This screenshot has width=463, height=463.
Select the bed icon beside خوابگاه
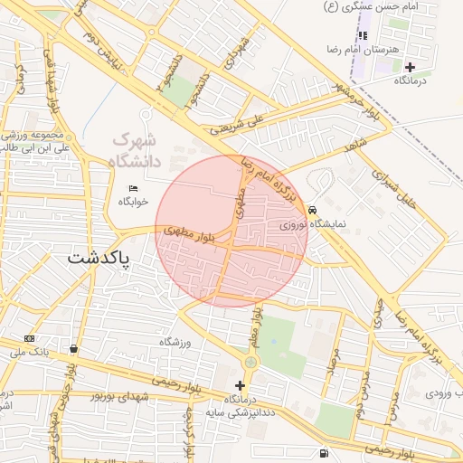134,188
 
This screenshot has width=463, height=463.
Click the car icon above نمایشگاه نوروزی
312,209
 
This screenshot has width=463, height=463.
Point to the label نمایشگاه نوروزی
313,222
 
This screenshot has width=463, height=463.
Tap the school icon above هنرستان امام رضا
363,34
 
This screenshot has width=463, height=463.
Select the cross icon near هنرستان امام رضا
410,67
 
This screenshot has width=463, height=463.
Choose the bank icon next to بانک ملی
30,338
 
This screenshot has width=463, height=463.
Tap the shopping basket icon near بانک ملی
73,349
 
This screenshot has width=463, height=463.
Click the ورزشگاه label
179,342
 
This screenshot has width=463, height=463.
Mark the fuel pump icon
324,453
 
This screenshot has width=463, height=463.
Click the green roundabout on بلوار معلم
250,363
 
